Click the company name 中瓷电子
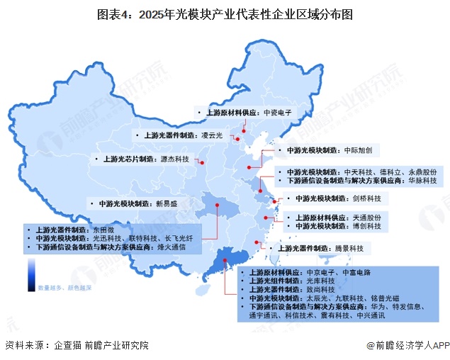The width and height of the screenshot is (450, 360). pos(278,113)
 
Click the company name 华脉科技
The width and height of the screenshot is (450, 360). pos(422,181)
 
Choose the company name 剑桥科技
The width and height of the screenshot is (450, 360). pos(367,198)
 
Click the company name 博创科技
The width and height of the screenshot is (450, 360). pos(367,226)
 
